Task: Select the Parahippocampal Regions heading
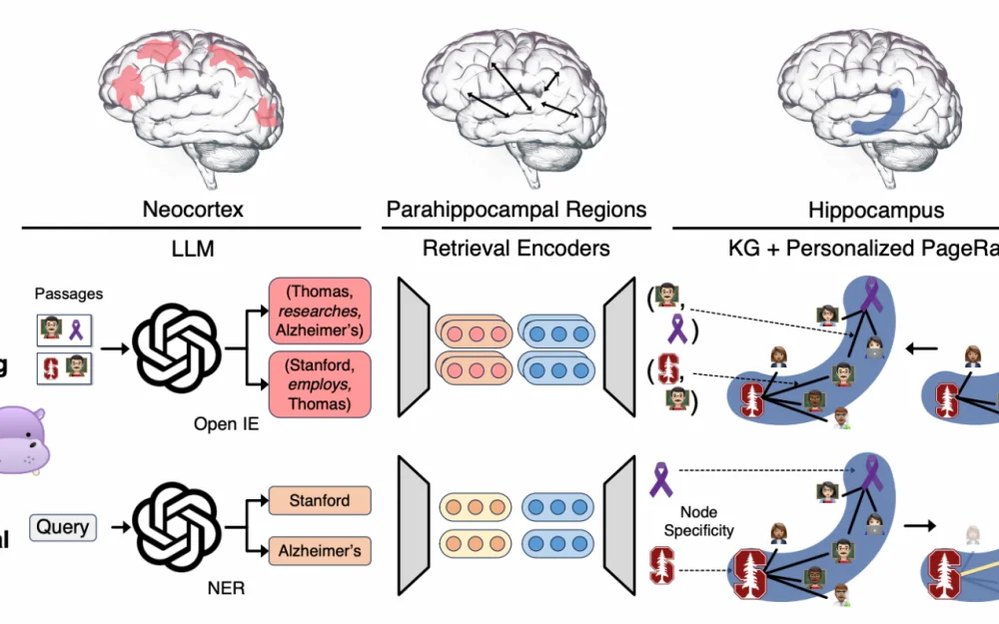(515, 210)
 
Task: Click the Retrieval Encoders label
(515, 249)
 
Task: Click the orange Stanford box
(320, 499)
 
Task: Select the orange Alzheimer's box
(320, 549)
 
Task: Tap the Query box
(63, 526)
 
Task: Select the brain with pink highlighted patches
(191, 95)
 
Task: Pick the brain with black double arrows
(515, 95)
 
